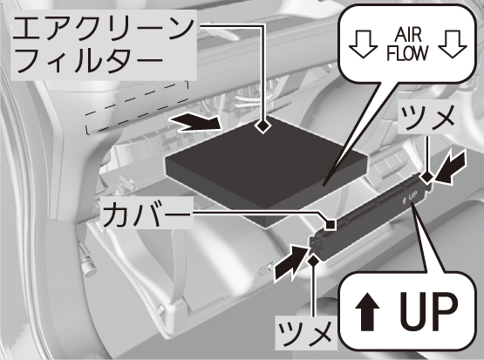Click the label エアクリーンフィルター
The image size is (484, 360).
pos(104,45)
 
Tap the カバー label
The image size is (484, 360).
pos(147,214)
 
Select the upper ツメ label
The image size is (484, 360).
pos(427,117)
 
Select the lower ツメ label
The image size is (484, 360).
pos(305,333)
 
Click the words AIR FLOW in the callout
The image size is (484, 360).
pos(407,44)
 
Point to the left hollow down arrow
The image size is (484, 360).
pos(363,44)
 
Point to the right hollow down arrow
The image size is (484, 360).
pos(453,44)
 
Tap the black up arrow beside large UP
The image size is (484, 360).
pos(367,311)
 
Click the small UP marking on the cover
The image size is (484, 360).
pos(410,196)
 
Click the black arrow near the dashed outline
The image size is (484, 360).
pos(195,123)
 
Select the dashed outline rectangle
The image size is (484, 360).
pos(137,108)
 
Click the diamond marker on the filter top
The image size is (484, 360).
pos(262,126)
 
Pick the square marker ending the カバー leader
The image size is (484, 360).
pos(331,224)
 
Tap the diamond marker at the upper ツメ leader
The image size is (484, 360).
pos(428,178)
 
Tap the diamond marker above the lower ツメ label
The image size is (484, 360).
pos(314,261)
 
